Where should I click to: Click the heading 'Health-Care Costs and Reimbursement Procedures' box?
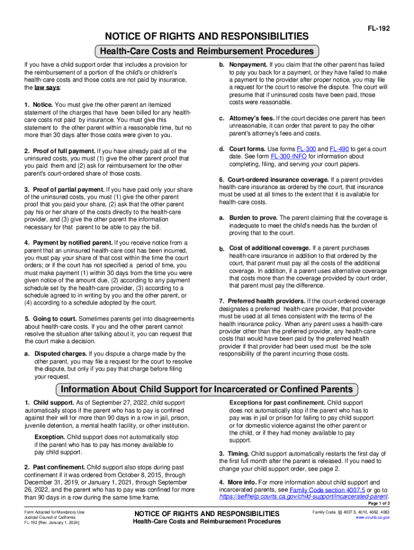(x=206, y=52)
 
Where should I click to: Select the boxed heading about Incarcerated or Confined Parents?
(x=206, y=389)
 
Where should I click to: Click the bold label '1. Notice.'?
(x=38, y=104)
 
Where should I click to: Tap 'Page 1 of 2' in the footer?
(x=374, y=504)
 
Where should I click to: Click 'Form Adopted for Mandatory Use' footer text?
(x=54, y=512)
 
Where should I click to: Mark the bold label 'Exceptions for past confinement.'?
(x=277, y=402)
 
